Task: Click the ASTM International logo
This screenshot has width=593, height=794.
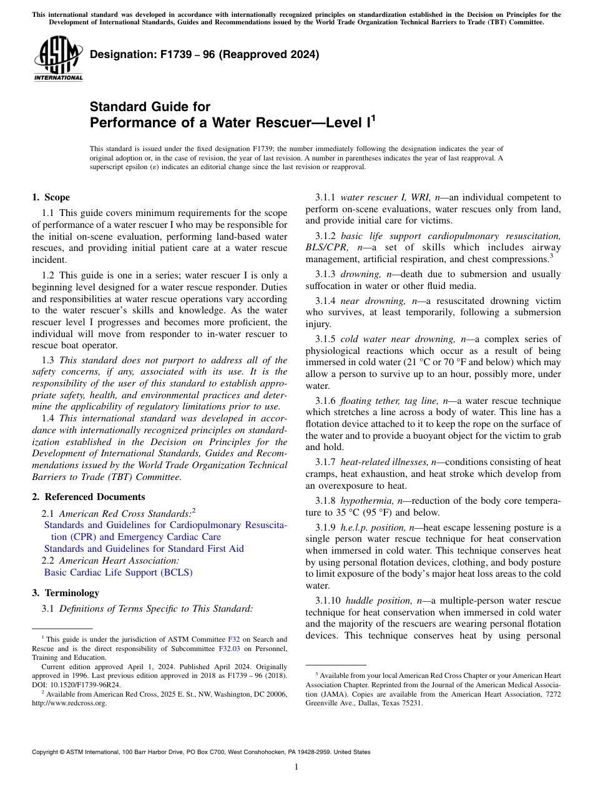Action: [57, 59]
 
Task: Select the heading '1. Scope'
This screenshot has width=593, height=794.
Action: [51, 197]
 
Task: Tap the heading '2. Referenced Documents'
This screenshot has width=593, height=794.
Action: [88, 497]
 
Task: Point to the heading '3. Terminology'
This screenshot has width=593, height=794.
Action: [66, 593]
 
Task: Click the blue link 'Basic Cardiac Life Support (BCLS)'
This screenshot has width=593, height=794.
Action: [118, 572]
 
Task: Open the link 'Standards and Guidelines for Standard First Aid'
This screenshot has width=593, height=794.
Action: [144, 549]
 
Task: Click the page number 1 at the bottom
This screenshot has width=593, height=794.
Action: [296, 767]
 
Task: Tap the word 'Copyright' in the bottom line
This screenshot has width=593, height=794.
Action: [47, 752]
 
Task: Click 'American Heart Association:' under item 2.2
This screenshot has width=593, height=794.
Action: [112, 561]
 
